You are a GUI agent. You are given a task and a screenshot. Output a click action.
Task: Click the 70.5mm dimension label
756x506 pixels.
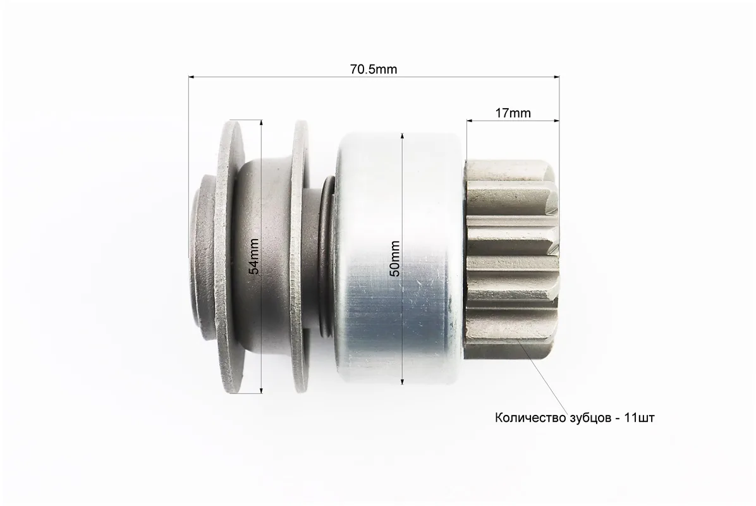pos(374,70)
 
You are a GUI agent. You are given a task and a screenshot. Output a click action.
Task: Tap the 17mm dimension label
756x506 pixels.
pos(513,113)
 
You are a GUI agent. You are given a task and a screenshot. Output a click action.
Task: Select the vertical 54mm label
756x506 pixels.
pos(254,256)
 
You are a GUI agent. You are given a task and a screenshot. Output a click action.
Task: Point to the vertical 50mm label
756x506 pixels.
pos(395,258)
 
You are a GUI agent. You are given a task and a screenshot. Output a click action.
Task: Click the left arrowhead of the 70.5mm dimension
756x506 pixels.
pos(192,77)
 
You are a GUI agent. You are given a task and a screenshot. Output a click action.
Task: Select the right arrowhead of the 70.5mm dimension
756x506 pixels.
pos(556,77)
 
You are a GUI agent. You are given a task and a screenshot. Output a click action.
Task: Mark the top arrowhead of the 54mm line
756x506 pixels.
pos(261,123)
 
